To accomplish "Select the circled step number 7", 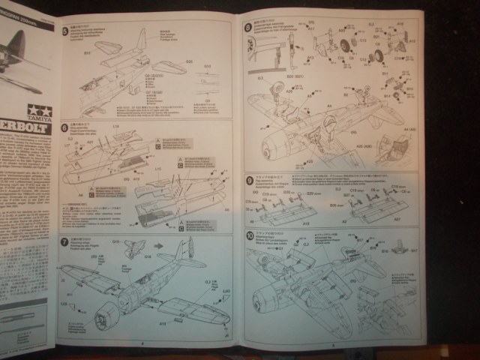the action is click(x=64, y=241).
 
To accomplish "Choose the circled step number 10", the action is click(x=249, y=236).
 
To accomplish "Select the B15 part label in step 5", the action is click(x=86, y=53).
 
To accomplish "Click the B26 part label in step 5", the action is click(x=189, y=61).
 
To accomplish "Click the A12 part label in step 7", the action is click(x=161, y=323).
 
